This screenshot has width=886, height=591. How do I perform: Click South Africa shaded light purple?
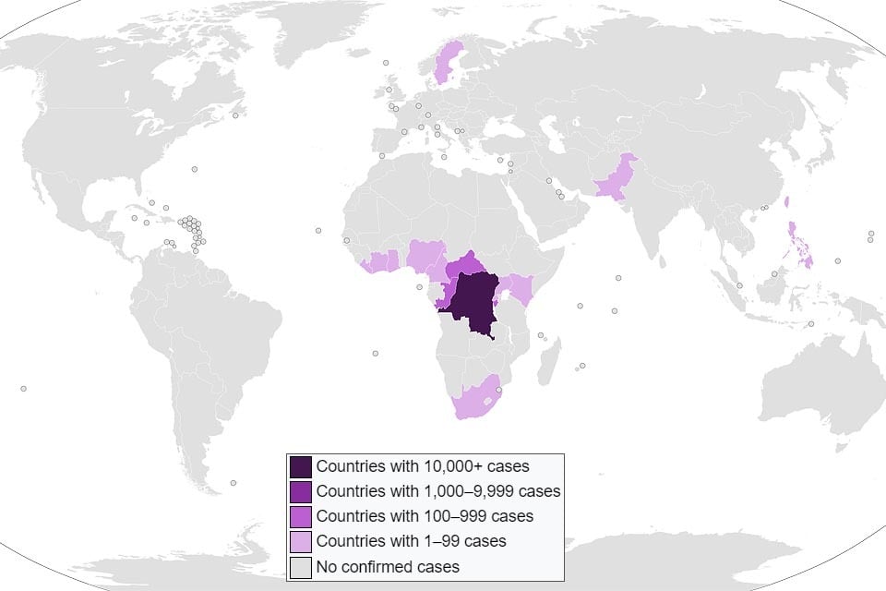[x=471, y=402]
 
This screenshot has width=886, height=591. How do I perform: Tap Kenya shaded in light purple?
[x=520, y=289]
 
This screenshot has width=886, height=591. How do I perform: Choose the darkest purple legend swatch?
[x=301, y=465]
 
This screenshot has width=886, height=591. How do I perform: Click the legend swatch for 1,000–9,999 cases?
[x=301, y=490]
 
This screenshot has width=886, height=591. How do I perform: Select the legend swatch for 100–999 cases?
[x=301, y=516]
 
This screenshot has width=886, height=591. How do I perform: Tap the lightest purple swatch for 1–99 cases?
[x=301, y=541]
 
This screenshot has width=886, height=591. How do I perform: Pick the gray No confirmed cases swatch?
[x=301, y=566]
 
